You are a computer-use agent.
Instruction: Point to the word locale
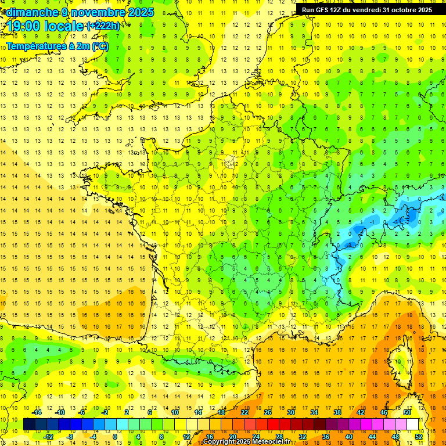click(68, 26)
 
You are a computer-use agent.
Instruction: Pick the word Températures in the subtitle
click(35, 46)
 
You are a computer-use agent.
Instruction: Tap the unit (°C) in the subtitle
click(100, 46)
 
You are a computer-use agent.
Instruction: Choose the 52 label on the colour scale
click(419, 437)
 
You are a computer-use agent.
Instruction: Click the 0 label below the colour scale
click(115, 437)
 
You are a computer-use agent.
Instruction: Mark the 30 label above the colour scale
click(290, 412)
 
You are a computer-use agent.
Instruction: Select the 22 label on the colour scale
click(244, 412)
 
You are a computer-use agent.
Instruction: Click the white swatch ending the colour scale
click(413, 425)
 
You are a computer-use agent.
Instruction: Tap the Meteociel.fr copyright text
click(246, 442)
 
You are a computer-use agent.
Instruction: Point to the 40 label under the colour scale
click(348, 437)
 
